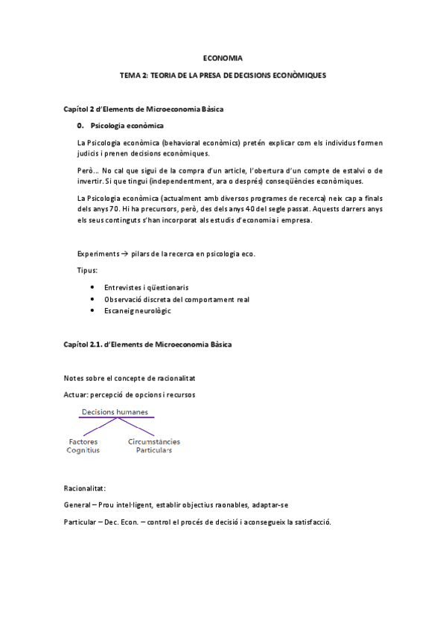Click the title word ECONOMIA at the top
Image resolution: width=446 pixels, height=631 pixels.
(x=223, y=57)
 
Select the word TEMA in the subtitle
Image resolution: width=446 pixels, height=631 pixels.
(x=130, y=76)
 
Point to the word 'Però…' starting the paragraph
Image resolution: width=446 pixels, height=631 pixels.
(x=88, y=173)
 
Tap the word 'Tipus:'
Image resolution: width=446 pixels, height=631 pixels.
(x=88, y=270)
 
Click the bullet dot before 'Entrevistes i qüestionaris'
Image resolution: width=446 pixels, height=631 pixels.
(x=92, y=286)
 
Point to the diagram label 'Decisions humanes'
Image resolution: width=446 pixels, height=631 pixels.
(x=114, y=411)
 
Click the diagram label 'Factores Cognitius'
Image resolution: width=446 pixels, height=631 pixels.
(x=83, y=446)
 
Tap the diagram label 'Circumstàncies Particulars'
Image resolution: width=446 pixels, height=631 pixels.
(x=153, y=446)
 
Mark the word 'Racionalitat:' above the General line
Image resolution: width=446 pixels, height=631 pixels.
(x=86, y=489)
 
